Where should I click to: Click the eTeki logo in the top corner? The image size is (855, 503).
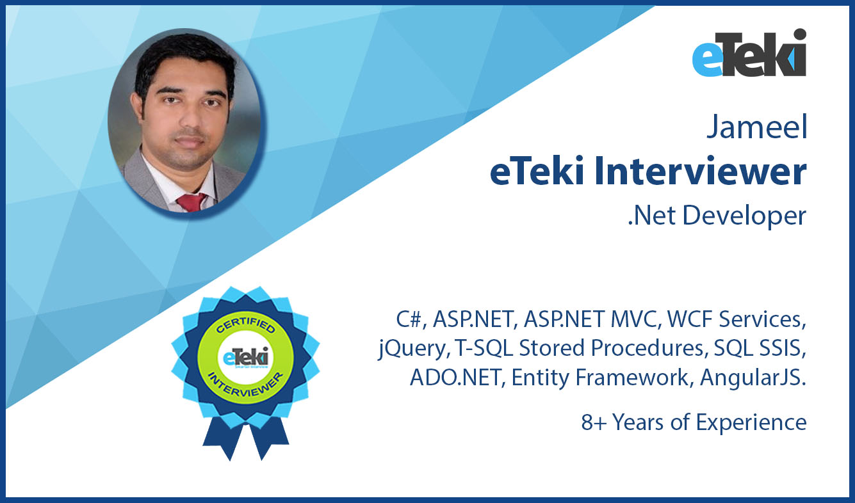click(x=749, y=52)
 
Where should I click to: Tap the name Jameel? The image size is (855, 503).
click(x=757, y=127)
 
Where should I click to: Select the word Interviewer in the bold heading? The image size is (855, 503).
click(x=700, y=171)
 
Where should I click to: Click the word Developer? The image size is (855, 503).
click(x=744, y=216)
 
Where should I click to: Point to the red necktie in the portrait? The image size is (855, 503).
click(x=191, y=202)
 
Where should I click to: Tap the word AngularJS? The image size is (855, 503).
click(x=753, y=378)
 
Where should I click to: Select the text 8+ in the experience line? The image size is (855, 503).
click(x=594, y=422)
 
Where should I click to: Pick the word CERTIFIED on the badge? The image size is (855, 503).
click(x=245, y=324)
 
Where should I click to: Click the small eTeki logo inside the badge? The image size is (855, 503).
click(x=246, y=357)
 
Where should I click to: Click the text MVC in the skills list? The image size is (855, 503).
click(x=635, y=319)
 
